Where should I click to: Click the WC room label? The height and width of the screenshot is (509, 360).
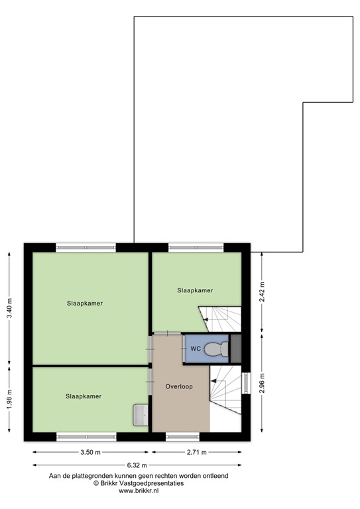coord(196,348)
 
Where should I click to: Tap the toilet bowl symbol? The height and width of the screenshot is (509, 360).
coord(213,349)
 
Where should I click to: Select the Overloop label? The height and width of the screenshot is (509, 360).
coord(179,386)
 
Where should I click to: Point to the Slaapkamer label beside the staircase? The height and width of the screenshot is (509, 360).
coord(195,290)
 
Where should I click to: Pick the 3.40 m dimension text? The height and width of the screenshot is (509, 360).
coord(9,308)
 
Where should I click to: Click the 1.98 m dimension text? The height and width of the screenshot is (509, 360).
coord(9,399)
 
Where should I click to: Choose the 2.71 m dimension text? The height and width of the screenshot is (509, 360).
coord(196,453)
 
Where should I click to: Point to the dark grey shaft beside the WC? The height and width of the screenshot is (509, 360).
coord(235,348)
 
